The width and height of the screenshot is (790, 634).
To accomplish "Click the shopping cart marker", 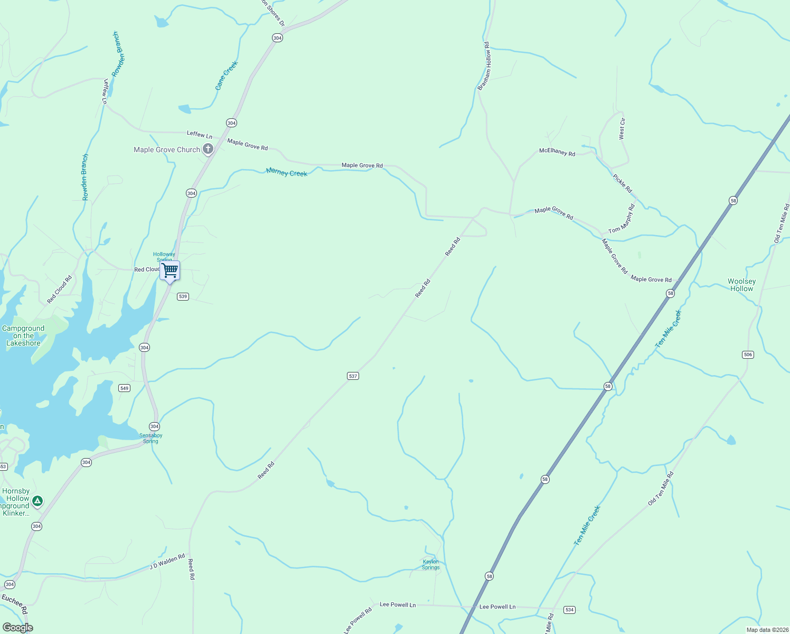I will (x=170, y=271).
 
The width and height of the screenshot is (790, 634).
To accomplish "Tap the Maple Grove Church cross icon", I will (x=208, y=149).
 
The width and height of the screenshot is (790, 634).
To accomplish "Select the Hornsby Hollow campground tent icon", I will (x=37, y=500).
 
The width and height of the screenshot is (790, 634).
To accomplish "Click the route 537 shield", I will (x=353, y=376).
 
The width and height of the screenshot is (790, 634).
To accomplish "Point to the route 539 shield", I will (x=183, y=296).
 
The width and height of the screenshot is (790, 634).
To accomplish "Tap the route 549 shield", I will (x=124, y=388).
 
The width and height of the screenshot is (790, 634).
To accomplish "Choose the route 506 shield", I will (x=748, y=355).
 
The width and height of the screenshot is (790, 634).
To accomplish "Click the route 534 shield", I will (x=569, y=610).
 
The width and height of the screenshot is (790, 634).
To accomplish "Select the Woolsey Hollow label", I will (x=741, y=285).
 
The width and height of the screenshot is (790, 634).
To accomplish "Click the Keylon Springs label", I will (x=430, y=565).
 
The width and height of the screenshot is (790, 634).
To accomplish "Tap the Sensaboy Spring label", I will (x=151, y=439).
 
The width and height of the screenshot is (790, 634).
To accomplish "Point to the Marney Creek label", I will (x=286, y=172).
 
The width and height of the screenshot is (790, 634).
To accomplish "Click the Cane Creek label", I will (x=227, y=76).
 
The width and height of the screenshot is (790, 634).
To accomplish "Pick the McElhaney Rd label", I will (x=557, y=152).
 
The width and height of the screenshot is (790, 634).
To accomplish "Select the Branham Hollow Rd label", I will (x=484, y=67).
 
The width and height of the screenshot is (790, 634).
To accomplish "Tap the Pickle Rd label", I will (x=622, y=183).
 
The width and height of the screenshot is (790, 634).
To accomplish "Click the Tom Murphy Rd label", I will (x=622, y=220).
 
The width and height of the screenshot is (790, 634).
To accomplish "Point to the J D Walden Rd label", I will (x=167, y=562).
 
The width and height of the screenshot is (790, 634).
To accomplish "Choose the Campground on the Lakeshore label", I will (x=23, y=335).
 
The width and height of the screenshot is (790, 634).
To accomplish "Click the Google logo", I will (x=17, y=628).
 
